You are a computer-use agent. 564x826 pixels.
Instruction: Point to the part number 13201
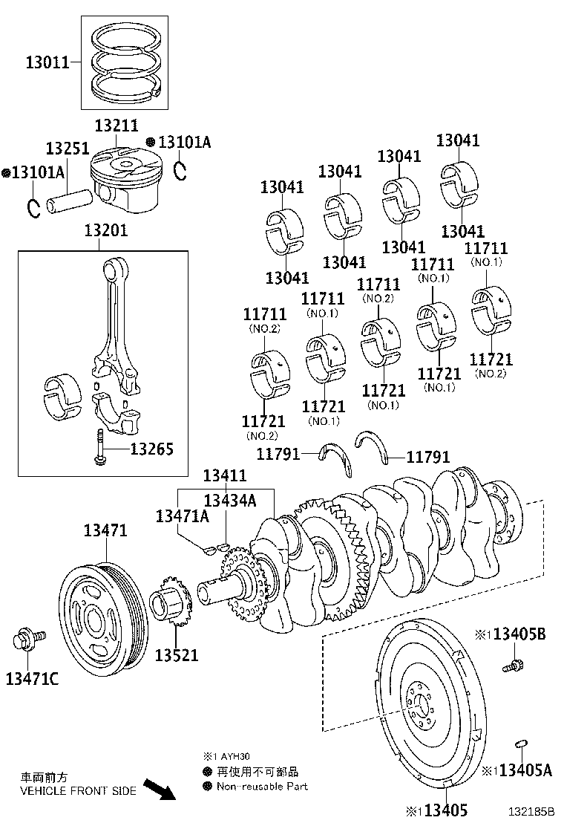(x=105, y=231)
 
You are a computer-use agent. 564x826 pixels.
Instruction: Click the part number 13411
(x=225, y=475)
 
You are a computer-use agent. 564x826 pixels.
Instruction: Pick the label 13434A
(x=229, y=501)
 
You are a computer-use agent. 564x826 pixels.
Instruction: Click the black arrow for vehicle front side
(x=159, y=788)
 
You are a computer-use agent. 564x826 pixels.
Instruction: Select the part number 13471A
(x=182, y=516)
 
